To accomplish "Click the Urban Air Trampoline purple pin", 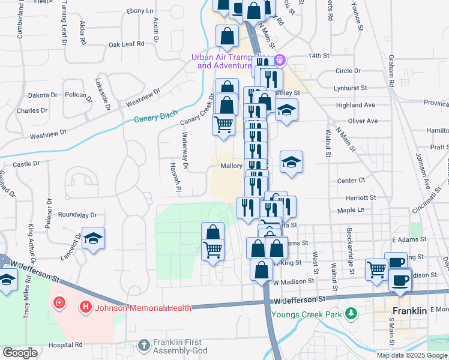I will point(279,60).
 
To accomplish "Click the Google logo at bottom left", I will point(20,353).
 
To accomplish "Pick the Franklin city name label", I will point(409,311).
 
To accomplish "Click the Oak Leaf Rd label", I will point(127,44).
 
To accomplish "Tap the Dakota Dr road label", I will point(43,95).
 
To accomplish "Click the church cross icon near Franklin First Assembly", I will point(143,345).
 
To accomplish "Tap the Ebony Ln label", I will point(140,11).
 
